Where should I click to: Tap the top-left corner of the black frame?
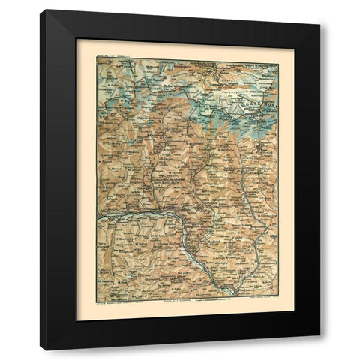[x=41, y=10]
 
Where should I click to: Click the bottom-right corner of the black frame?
[x=320, y=349]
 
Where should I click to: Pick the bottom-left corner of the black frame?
[x=41, y=349]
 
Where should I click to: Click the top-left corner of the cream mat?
[x=77, y=40]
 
